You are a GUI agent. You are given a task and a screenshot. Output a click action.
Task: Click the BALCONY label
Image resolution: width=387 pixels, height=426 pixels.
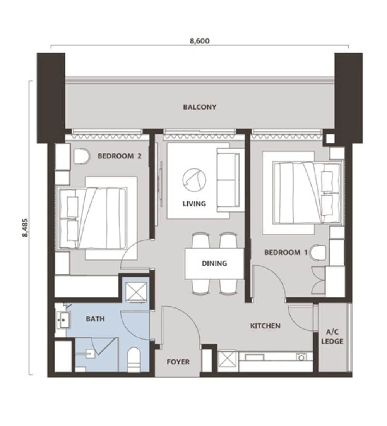coord(200,107)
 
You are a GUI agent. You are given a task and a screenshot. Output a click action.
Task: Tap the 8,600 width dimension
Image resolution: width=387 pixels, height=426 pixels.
coord(200,41)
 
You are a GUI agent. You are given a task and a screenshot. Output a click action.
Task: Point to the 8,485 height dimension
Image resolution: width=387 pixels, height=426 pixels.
coord(25,227)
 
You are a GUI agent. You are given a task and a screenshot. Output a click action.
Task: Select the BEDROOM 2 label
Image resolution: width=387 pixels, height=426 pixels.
coord(120,156)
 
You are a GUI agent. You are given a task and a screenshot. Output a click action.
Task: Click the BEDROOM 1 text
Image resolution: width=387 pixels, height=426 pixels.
coord(286,253)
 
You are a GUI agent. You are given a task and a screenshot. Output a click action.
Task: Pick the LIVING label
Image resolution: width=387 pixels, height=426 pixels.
coord(194,203)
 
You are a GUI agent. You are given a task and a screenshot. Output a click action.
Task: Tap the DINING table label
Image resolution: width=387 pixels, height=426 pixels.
coord(214,263)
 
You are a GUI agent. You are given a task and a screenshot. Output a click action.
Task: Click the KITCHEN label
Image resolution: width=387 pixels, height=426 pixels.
coord(265,326)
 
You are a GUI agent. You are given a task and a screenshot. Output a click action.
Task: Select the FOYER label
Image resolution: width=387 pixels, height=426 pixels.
coord(178,362)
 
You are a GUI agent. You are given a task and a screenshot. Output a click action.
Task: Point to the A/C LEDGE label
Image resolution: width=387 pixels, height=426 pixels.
coord(332,337)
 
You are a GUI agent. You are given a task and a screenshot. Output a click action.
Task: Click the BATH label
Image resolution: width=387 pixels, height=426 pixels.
coord(95,319)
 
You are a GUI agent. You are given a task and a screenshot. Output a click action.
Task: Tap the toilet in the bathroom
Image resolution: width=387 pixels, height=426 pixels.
coord(134,359)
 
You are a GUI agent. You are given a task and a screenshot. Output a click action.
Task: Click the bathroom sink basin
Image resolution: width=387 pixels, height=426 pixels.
coord(63,320)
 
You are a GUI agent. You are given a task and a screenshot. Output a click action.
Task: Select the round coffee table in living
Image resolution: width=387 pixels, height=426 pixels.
coord(194,179)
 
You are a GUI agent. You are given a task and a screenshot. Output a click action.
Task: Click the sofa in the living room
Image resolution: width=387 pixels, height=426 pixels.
coord(228,180)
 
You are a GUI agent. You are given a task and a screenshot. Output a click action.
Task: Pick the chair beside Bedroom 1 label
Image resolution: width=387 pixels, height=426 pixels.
coord(318,253)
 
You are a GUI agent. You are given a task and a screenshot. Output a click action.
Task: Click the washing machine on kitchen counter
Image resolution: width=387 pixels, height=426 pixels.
coord(301,357)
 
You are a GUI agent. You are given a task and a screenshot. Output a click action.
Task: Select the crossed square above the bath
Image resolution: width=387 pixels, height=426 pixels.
coord(137,292)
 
